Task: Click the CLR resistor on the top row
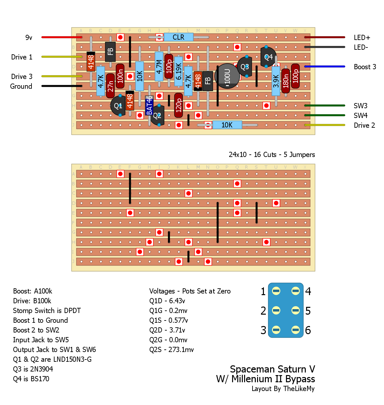(178, 37)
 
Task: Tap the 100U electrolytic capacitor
(227, 76)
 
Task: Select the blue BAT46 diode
(149, 105)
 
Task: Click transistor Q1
(118, 106)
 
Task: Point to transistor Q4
(268, 57)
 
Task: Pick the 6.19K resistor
(179, 71)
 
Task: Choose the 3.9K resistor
(276, 81)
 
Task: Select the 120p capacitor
(179, 105)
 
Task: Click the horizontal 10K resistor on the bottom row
(227, 125)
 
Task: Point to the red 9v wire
(62, 37)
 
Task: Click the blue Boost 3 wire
(325, 67)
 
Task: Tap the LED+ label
(362, 38)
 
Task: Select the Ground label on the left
(21, 86)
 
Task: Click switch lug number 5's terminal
(295, 310)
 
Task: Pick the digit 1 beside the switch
(263, 292)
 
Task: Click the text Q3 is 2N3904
(33, 369)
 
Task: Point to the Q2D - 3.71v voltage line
(167, 330)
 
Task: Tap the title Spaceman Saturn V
(272, 369)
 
